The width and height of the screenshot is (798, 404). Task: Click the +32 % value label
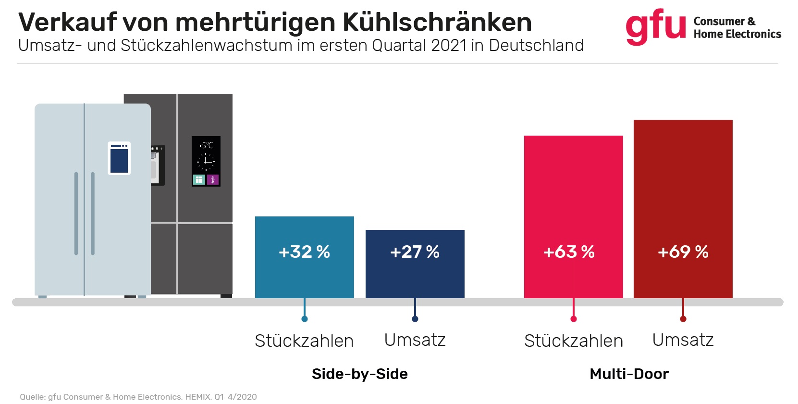pos(304,252)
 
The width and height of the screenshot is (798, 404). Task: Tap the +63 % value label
pos(569,252)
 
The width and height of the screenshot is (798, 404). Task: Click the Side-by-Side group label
pos(359,374)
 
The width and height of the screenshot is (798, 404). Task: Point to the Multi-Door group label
pos(629,374)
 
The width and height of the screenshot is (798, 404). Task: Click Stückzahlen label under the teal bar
pos(304,341)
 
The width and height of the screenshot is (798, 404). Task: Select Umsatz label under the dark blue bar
pos(415,340)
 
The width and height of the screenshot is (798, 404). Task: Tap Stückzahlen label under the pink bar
pos(573,341)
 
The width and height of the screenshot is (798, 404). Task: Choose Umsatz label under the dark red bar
pos(683,340)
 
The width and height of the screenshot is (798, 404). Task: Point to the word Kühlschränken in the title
pos(437,22)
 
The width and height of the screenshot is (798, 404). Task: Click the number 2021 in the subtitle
pos(449,45)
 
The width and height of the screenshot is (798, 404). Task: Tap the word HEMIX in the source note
pos(197,397)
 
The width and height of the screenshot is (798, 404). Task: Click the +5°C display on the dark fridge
pos(206,145)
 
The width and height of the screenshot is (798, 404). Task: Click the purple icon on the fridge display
pos(213,180)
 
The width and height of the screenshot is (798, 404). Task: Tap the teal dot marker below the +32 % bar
pos(305,319)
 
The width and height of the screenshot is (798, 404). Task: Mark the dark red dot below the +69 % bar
pos(683,319)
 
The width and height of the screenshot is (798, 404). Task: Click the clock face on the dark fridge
pos(206,161)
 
